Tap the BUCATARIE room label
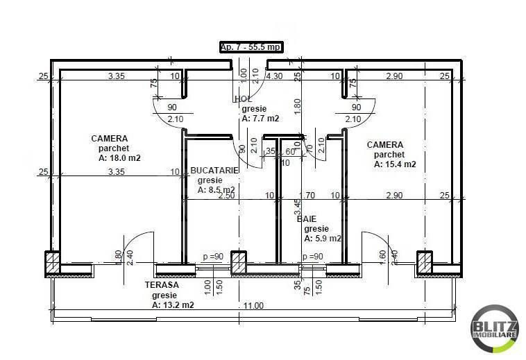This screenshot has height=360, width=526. (x=214, y=170)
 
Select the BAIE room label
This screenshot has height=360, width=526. (x=307, y=218)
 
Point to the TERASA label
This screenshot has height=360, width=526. (x=162, y=285)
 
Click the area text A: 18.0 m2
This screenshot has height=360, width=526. (x=119, y=158)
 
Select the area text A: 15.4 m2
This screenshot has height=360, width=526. (x=395, y=164)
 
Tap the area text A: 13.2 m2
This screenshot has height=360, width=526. (x=172, y=305)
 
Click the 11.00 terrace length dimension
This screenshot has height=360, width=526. (x=253, y=305)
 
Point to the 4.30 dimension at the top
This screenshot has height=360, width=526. (x=273, y=76)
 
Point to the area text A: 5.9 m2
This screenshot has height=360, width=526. (x=323, y=238)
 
